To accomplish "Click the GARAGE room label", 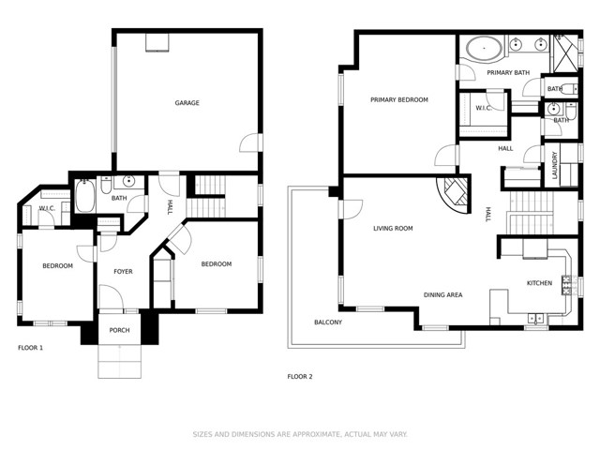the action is pos(187,103).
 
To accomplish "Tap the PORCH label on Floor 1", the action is pos(119,330).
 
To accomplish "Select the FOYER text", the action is pos(123,272).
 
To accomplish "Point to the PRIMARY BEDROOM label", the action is pos(399,100).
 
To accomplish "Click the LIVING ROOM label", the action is pos(393,229).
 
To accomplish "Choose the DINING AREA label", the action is pos(442,295).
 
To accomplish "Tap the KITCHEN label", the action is pos(540,283).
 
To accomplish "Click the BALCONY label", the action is pos(328,322).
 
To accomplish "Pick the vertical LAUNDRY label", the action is pos(555,165).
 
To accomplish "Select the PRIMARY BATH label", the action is pos(508,73).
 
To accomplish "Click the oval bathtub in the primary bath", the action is pos(484,49).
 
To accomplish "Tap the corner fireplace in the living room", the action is pos(456,195).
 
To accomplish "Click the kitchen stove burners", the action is pos(566,285).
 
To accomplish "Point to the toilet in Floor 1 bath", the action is pos(106,186).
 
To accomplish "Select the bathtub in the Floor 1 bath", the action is pos(85,196).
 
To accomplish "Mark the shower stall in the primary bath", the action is pos(564,53).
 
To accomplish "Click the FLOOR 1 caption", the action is pos(31,348).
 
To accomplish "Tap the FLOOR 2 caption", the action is pos(300,377).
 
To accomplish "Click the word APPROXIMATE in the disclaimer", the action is pos(317,434).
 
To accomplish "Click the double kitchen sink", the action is pos(535,318).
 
